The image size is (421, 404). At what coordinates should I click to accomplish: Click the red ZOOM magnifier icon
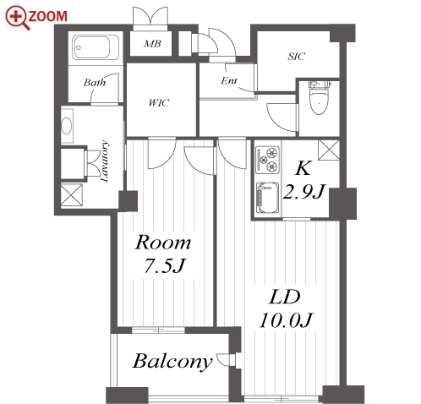(x=17, y=18)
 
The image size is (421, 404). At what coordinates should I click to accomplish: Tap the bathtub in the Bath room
(x=95, y=47)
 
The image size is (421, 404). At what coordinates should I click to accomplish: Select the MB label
(x=152, y=44)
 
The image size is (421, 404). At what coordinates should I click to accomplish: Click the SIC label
(x=296, y=57)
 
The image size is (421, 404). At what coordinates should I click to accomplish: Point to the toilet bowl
(x=319, y=98)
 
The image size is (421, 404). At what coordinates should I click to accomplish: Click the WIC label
(x=159, y=102)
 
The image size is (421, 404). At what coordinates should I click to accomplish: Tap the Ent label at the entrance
(x=229, y=81)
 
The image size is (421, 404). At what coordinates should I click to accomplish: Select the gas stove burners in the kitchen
(x=267, y=160)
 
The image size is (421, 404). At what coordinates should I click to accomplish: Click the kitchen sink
(x=267, y=199)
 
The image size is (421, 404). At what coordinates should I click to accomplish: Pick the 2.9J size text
(x=303, y=192)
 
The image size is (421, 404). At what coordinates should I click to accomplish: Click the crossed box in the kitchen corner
(x=329, y=150)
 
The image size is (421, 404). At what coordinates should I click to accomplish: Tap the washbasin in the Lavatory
(x=67, y=126)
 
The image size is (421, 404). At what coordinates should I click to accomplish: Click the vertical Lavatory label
(x=104, y=161)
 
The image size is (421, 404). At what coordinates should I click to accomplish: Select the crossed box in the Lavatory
(x=72, y=194)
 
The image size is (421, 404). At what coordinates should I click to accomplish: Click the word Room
(x=163, y=243)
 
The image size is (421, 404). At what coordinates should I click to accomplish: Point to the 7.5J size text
(x=165, y=266)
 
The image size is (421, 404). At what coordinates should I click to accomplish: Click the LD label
(x=285, y=297)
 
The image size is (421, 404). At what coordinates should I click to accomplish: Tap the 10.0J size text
(x=286, y=320)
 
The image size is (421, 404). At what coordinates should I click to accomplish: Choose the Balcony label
(x=172, y=362)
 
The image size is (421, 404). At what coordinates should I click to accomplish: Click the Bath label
(x=95, y=83)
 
